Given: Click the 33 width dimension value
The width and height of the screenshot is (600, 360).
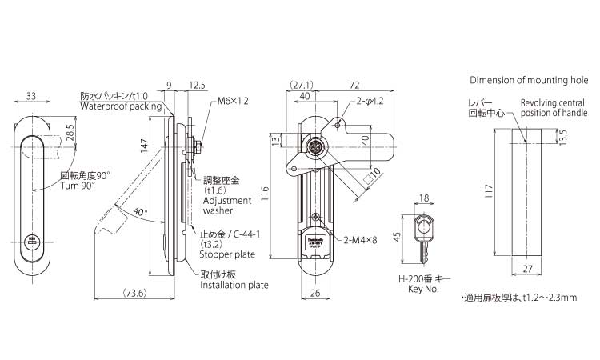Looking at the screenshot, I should coord(33,96).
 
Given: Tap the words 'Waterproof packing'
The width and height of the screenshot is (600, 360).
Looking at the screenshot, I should coord(121,106).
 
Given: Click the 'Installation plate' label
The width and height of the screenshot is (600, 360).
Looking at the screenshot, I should coord(234,285).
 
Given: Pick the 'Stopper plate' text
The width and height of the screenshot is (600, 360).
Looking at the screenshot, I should coord(227,254).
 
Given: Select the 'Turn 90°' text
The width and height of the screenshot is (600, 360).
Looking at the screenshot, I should coord(78,186).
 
